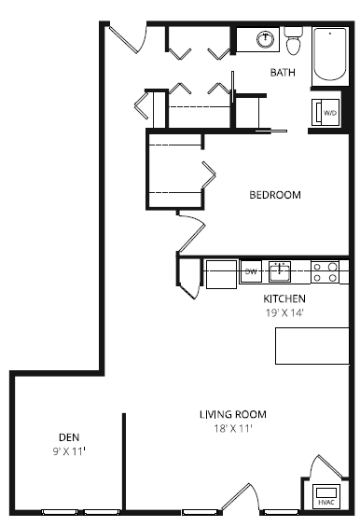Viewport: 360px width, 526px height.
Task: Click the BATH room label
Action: click(x=283, y=72)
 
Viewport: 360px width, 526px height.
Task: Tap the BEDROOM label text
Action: click(x=274, y=195)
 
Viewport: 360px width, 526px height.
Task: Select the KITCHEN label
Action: click(x=284, y=298)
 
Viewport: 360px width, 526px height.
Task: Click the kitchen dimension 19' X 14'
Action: click(x=284, y=313)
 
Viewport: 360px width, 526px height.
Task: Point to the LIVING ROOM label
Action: click(x=232, y=414)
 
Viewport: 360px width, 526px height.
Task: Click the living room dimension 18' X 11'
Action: click(x=232, y=428)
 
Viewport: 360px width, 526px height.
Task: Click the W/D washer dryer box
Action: click(x=328, y=113)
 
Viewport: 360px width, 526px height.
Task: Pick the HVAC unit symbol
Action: click(x=325, y=496)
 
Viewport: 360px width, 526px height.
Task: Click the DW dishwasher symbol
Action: click(x=250, y=272)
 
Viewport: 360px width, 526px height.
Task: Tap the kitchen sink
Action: click(x=279, y=272)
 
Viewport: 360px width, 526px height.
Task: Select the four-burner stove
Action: click(x=325, y=271)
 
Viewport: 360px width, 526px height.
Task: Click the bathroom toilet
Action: click(x=295, y=42)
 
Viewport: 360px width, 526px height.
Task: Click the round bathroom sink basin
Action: click(x=265, y=39)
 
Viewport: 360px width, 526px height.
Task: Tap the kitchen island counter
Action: click(x=312, y=345)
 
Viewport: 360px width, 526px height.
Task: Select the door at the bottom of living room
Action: click(x=239, y=499)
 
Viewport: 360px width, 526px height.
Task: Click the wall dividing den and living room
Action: click(x=123, y=461)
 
